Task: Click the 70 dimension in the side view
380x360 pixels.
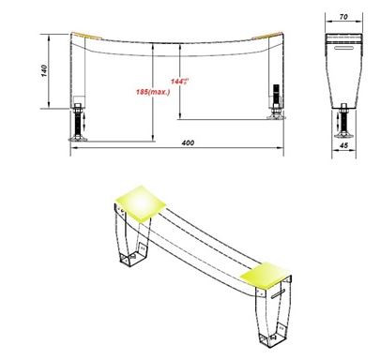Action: point(344,17)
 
